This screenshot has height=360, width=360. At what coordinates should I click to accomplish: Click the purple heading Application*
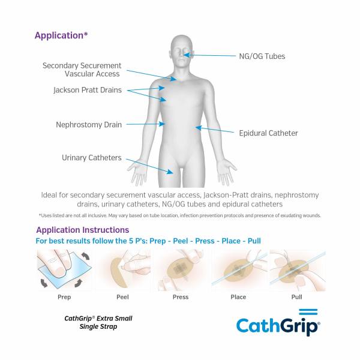[61, 35]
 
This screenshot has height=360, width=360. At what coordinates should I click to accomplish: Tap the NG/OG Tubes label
[262, 56]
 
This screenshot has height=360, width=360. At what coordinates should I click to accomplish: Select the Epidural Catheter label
[268, 133]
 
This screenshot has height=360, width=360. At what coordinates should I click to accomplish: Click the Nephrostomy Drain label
[89, 125]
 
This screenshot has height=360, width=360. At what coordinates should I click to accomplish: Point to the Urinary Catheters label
[91, 158]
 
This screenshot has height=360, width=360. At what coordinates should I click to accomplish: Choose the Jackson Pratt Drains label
[87, 91]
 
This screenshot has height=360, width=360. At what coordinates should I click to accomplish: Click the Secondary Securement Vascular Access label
[82, 70]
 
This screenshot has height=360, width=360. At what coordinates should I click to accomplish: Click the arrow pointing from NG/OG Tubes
[211, 56]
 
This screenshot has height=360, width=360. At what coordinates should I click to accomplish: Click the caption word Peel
[122, 297]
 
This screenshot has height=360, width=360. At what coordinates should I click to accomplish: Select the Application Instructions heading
[82, 230]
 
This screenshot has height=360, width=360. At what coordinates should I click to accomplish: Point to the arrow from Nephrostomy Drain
[145, 125]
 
